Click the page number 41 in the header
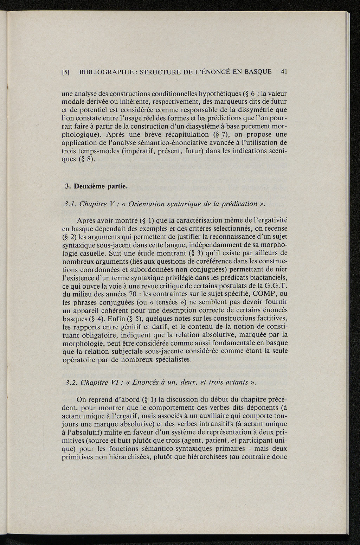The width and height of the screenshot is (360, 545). [284, 72]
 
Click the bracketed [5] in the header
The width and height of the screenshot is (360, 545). [66, 72]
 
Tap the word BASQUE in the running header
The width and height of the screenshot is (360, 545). [258, 72]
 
